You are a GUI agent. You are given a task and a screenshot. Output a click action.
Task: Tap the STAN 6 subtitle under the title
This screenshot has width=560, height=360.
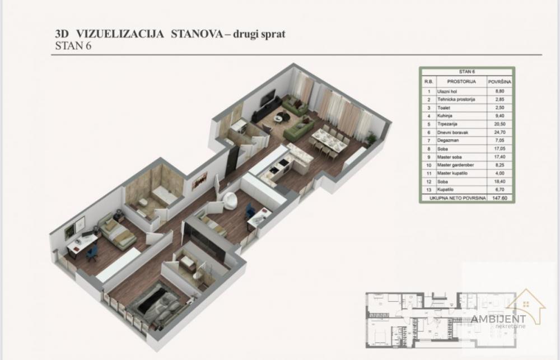pos(73,46)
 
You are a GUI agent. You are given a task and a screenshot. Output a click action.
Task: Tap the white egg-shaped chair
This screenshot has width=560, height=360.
pos(229,200)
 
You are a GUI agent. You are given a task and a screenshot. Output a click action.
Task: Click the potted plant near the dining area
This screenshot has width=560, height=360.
pos(369,137)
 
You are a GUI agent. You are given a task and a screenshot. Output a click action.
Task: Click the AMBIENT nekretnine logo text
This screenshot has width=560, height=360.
pos(498,320)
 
